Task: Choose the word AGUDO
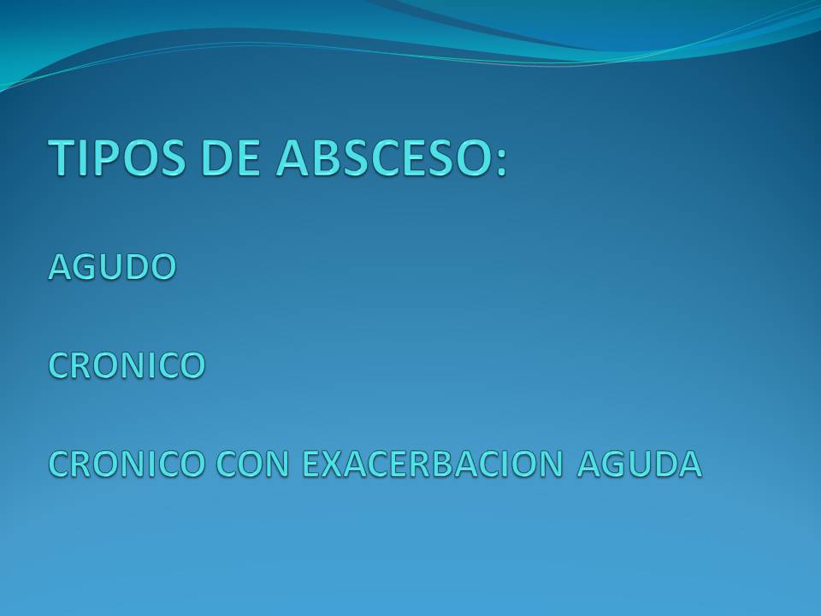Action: pyautogui.click(x=112, y=267)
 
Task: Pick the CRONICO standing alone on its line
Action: pyautogui.click(x=127, y=365)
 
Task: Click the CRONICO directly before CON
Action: pyautogui.click(x=127, y=464)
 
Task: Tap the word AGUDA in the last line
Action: pyautogui.click(x=639, y=464)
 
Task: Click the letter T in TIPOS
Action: pyautogui.click(x=64, y=157)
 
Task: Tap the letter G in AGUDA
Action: pyautogui.click(x=614, y=464)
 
